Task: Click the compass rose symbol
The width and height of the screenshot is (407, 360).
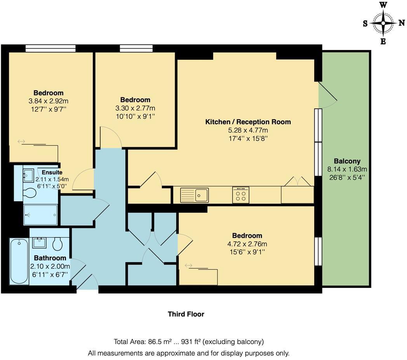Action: click(x=383, y=23)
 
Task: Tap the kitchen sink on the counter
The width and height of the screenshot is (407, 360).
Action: click(x=195, y=195)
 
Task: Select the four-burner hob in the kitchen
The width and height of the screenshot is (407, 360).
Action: click(x=241, y=195)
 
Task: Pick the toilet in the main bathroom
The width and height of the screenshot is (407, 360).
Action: click(x=57, y=244)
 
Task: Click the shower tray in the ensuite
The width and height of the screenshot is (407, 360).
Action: click(x=41, y=215)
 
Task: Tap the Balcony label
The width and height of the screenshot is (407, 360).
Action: click(x=347, y=161)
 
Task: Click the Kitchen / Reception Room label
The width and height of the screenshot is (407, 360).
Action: click(x=248, y=122)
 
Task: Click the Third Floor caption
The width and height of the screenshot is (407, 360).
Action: click(x=186, y=314)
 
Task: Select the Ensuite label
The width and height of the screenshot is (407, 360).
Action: click(x=52, y=172)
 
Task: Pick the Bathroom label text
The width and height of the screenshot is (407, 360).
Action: click(x=50, y=258)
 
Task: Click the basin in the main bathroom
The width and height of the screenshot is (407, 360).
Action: click(x=39, y=243)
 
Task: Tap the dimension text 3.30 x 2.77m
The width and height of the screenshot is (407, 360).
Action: click(x=135, y=108)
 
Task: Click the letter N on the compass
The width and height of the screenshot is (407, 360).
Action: click(x=401, y=23)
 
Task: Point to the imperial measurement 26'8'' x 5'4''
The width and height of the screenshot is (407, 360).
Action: click(x=347, y=177)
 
